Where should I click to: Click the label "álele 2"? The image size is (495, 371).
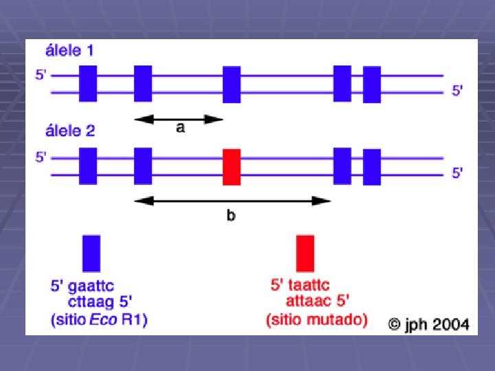pos(69,131)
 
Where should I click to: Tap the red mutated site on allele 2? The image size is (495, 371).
pos(232,166)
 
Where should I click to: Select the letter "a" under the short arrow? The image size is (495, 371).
pos(180,128)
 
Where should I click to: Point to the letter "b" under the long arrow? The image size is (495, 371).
pos(231,215)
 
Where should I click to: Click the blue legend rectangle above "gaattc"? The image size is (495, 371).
pos(91,253)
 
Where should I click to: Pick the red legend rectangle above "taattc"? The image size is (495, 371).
pos(305,253)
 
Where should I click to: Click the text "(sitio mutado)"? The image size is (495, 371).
pos(316,319)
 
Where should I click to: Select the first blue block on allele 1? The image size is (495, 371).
pos(88,84)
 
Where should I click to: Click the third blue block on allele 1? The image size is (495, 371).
pos(232,85)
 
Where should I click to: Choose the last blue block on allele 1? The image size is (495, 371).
pos(372,85)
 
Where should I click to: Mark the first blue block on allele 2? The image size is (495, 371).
pos(88,166)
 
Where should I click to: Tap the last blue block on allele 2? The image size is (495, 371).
pos(372,167)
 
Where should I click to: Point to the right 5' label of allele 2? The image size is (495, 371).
pos(457,173)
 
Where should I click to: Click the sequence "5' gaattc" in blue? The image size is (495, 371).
pos(82,284)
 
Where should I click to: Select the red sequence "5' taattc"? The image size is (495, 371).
pos(300,284)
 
